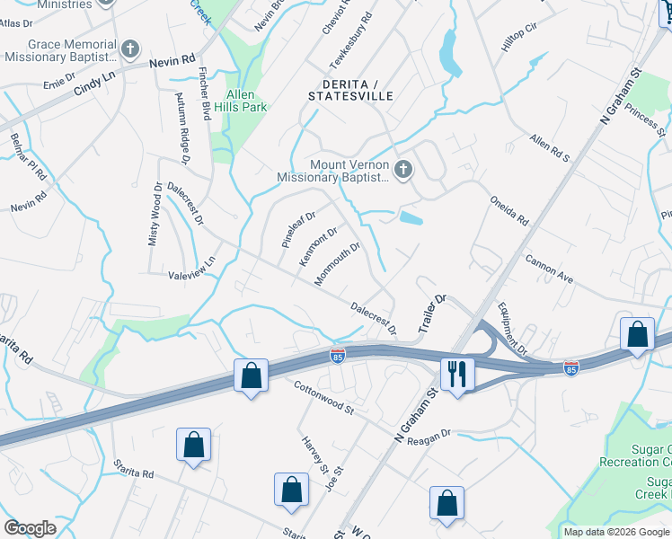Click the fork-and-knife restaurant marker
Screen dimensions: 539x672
(457, 374)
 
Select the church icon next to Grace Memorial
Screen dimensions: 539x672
(131, 49)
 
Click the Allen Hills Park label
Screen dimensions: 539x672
(240, 101)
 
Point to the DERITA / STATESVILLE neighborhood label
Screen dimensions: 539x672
(350, 89)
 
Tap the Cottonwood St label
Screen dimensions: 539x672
(324, 397)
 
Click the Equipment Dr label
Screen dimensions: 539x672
(509, 331)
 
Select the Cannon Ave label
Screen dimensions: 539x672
(549, 270)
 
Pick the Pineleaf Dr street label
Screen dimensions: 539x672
(298, 229)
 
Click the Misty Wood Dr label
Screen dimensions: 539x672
(155, 214)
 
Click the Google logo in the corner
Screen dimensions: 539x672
(30, 528)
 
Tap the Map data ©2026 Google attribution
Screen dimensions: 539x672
(615, 532)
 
